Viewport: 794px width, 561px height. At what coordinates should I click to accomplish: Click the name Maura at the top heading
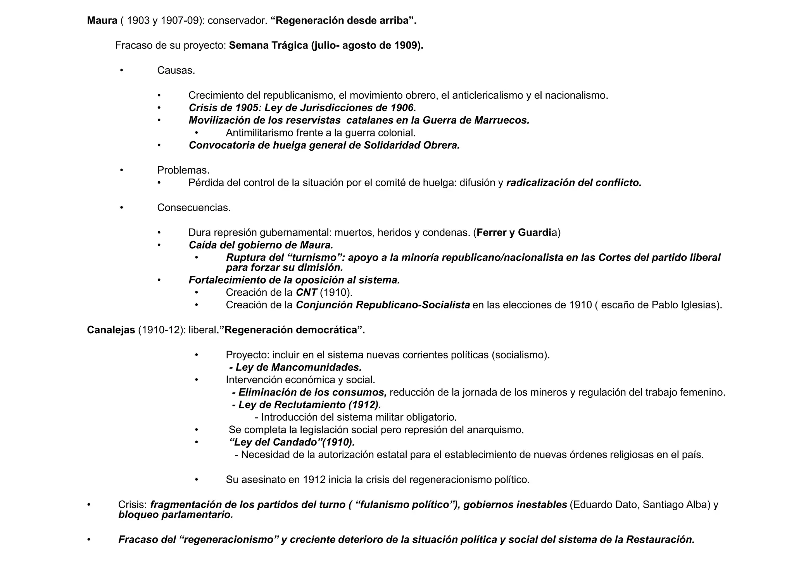(102, 21)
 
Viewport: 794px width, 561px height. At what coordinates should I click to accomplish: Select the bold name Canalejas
(111, 330)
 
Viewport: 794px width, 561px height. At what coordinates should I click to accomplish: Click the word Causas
(176, 71)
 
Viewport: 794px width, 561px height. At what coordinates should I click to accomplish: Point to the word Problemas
(183, 170)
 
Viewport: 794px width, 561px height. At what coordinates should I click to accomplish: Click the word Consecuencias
(194, 208)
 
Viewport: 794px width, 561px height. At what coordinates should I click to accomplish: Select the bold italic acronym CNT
(306, 293)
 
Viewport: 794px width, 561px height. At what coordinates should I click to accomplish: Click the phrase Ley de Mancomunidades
(299, 367)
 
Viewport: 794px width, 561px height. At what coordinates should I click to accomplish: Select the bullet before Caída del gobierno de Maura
(159, 245)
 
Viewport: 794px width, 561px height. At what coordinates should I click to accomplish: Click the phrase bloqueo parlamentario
(176, 515)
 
